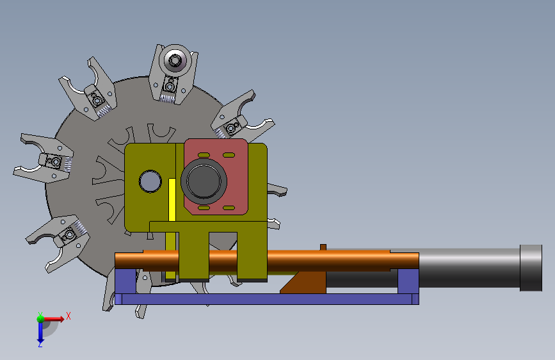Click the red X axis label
click(68, 316)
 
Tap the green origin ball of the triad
click(40, 318)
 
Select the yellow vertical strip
click(172, 200)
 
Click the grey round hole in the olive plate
click(150, 181)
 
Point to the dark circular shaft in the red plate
click(204, 181)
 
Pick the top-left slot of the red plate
click(204, 155)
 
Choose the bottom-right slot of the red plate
click(229, 208)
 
